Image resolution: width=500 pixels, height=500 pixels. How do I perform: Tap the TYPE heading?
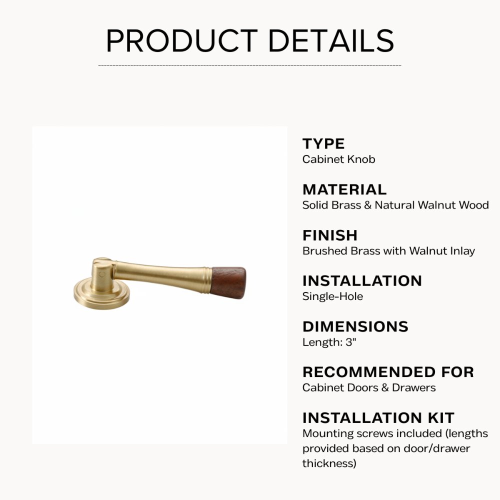click(x=323, y=144)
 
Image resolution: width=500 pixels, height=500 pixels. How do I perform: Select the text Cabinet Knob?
click(x=338, y=159)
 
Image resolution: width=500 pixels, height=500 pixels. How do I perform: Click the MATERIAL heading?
click(x=344, y=189)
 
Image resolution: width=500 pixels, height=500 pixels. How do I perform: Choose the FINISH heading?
click(x=330, y=235)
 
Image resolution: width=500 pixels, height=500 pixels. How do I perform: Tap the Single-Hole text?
click(x=332, y=296)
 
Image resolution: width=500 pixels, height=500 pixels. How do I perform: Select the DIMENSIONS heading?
click(x=355, y=326)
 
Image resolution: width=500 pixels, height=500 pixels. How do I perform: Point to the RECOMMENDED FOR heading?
click(x=388, y=372)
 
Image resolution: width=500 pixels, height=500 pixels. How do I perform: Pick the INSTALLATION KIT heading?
click(x=378, y=417)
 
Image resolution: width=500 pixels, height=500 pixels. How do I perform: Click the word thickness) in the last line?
click(x=329, y=463)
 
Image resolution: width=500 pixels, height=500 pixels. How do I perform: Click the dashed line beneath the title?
click(x=250, y=65)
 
